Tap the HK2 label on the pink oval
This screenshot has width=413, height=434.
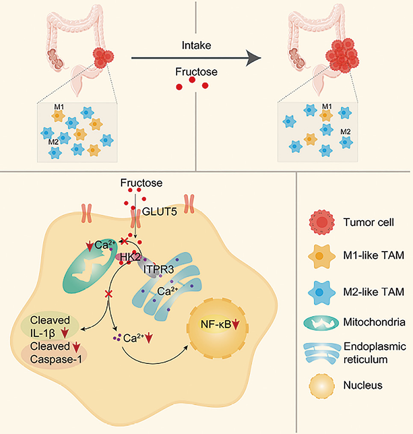pos(124,258)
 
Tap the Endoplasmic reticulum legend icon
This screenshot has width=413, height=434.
pos(321,352)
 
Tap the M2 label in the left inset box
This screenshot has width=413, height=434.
pos(53,142)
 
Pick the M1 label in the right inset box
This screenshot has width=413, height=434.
pos(327,106)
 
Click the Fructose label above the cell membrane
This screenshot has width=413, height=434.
pos(141,183)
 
